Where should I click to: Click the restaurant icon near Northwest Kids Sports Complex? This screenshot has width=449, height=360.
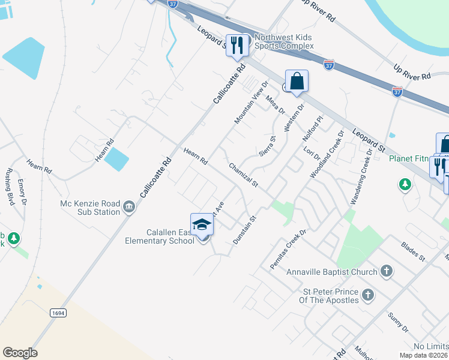[x=237, y=45]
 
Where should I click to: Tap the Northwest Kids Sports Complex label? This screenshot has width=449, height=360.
[x=283, y=41]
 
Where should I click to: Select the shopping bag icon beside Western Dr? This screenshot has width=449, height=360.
[x=297, y=81]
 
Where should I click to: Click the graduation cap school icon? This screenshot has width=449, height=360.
[x=202, y=225]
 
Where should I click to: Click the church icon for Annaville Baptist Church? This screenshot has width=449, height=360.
[x=387, y=272]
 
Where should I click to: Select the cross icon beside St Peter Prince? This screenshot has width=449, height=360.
[x=368, y=295]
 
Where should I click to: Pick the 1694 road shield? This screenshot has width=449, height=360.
[x=58, y=313]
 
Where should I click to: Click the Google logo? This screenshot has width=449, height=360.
[x=20, y=353]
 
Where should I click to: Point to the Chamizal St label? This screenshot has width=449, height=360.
[x=243, y=175]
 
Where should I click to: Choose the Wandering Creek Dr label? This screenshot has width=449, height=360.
[x=363, y=176]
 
